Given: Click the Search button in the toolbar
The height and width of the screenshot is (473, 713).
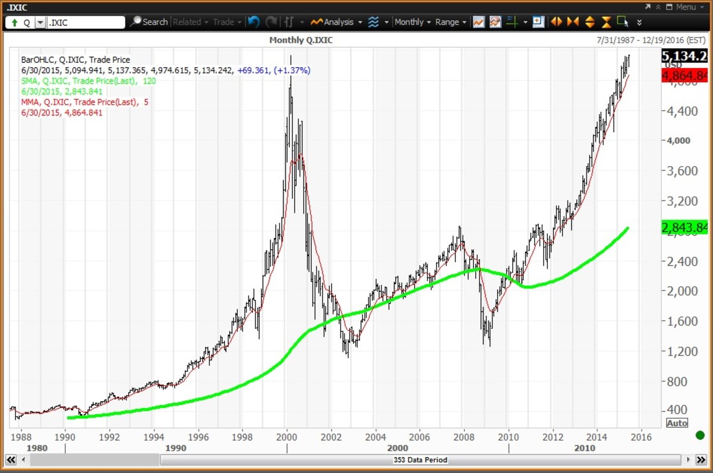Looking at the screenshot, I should coord(149,22).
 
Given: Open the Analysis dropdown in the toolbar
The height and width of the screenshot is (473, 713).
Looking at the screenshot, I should coord(337,22).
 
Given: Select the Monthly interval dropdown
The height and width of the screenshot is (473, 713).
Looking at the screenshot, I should coord(412,22).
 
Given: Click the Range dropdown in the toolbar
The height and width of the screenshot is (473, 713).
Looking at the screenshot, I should coord(450,22).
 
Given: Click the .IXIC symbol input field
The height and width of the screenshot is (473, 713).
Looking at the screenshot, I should coord(85,23).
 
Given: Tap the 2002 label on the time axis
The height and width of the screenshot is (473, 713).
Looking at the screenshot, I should coord(330,436).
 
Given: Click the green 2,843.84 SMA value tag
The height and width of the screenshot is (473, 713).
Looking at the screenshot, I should coord(685,227).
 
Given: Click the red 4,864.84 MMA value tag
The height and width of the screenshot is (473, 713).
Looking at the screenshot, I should coord(685,76).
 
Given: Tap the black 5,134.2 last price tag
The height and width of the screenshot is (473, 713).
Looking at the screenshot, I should coord(685,56).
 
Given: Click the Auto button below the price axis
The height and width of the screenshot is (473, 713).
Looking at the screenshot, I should coord(677,423).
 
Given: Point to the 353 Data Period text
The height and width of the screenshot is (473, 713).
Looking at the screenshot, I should coord(420,460).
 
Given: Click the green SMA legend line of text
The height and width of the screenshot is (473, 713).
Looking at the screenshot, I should coord(88,81).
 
